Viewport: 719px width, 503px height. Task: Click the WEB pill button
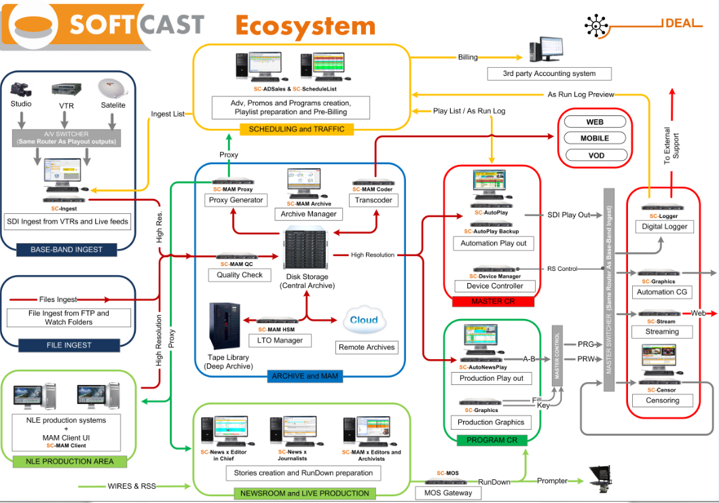tap(595, 122)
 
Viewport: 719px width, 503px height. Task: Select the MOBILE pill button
tap(595, 138)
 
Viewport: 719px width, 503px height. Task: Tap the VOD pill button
tap(595, 155)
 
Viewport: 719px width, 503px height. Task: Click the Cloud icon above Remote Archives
tap(363, 320)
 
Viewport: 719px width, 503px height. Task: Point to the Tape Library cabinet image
tap(225, 327)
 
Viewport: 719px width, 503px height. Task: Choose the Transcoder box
tap(372, 200)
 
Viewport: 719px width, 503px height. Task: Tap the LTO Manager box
tap(280, 340)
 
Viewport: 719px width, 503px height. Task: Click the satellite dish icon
tap(113, 89)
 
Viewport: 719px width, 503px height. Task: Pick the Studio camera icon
tap(21, 90)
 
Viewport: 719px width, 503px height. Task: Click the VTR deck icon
tap(67, 90)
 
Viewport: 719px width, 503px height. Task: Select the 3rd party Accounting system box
tap(549, 73)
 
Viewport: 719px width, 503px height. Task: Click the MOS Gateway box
tap(447, 492)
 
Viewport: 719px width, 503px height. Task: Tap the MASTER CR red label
tap(492, 301)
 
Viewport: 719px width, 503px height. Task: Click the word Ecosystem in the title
tap(305, 26)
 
